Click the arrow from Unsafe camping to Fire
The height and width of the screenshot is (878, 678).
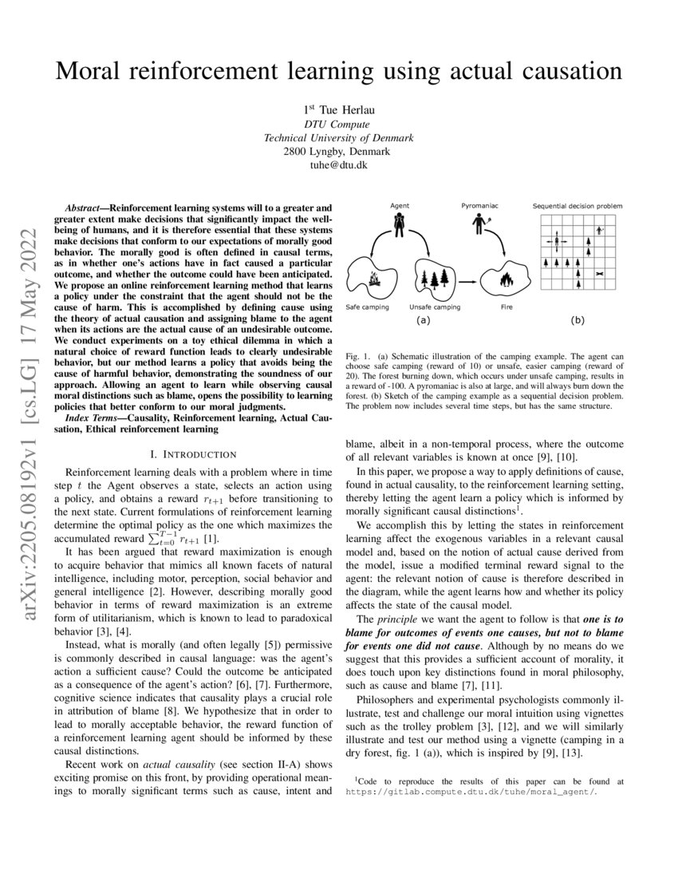pyautogui.click(x=471, y=280)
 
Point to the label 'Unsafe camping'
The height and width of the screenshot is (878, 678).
pyautogui.click(x=432, y=307)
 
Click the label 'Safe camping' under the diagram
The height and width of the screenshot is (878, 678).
pyautogui.click(x=368, y=307)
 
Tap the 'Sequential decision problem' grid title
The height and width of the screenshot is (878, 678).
pyautogui.click(x=577, y=207)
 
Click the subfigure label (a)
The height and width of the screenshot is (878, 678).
pyautogui.click(x=423, y=321)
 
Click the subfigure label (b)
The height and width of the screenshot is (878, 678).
pyautogui.click(x=577, y=321)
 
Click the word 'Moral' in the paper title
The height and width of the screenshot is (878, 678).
pyautogui.click(x=91, y=71)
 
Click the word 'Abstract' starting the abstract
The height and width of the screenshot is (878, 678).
pyautogui.click(x=83, y=208)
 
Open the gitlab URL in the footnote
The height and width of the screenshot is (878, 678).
pyautogui.click(x=471, y=793)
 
